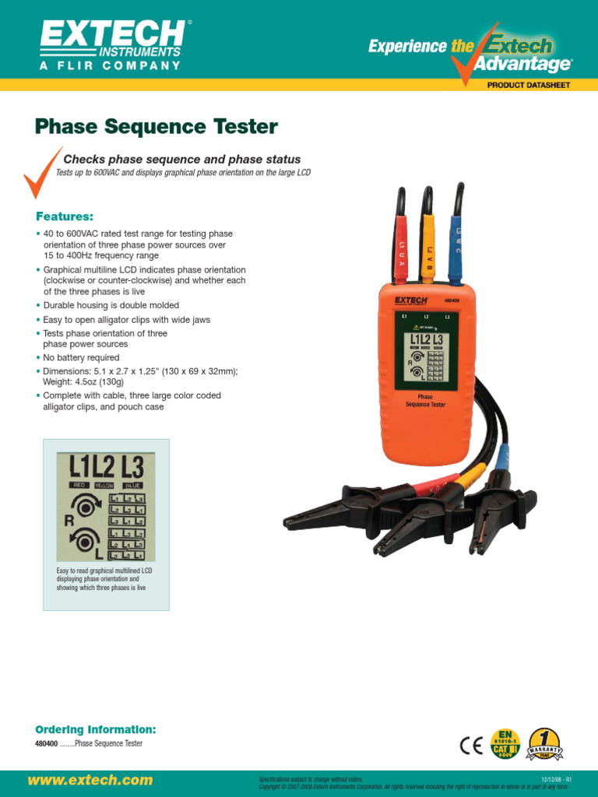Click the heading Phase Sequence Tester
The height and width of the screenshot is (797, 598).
[x=157, y=126]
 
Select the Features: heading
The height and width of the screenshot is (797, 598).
[x=65, y=216]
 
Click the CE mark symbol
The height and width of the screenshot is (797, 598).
[x=471, y=746]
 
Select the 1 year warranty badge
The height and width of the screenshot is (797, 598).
[x=544, y=745]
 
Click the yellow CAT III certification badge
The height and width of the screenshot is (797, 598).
[x=505, y=745]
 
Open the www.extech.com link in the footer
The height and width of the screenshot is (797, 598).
[x=90, y=780]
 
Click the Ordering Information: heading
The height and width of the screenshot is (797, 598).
[x=96, y=729]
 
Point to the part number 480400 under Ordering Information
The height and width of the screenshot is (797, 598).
[x=47, y=744]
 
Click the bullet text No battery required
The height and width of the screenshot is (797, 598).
[x=81, y=358]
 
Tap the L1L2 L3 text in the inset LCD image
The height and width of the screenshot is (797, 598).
[x=106, y=468]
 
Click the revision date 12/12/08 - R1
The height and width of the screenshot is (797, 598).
[x=556, y=778]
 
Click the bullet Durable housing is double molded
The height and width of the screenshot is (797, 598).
[x=111, y=306]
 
